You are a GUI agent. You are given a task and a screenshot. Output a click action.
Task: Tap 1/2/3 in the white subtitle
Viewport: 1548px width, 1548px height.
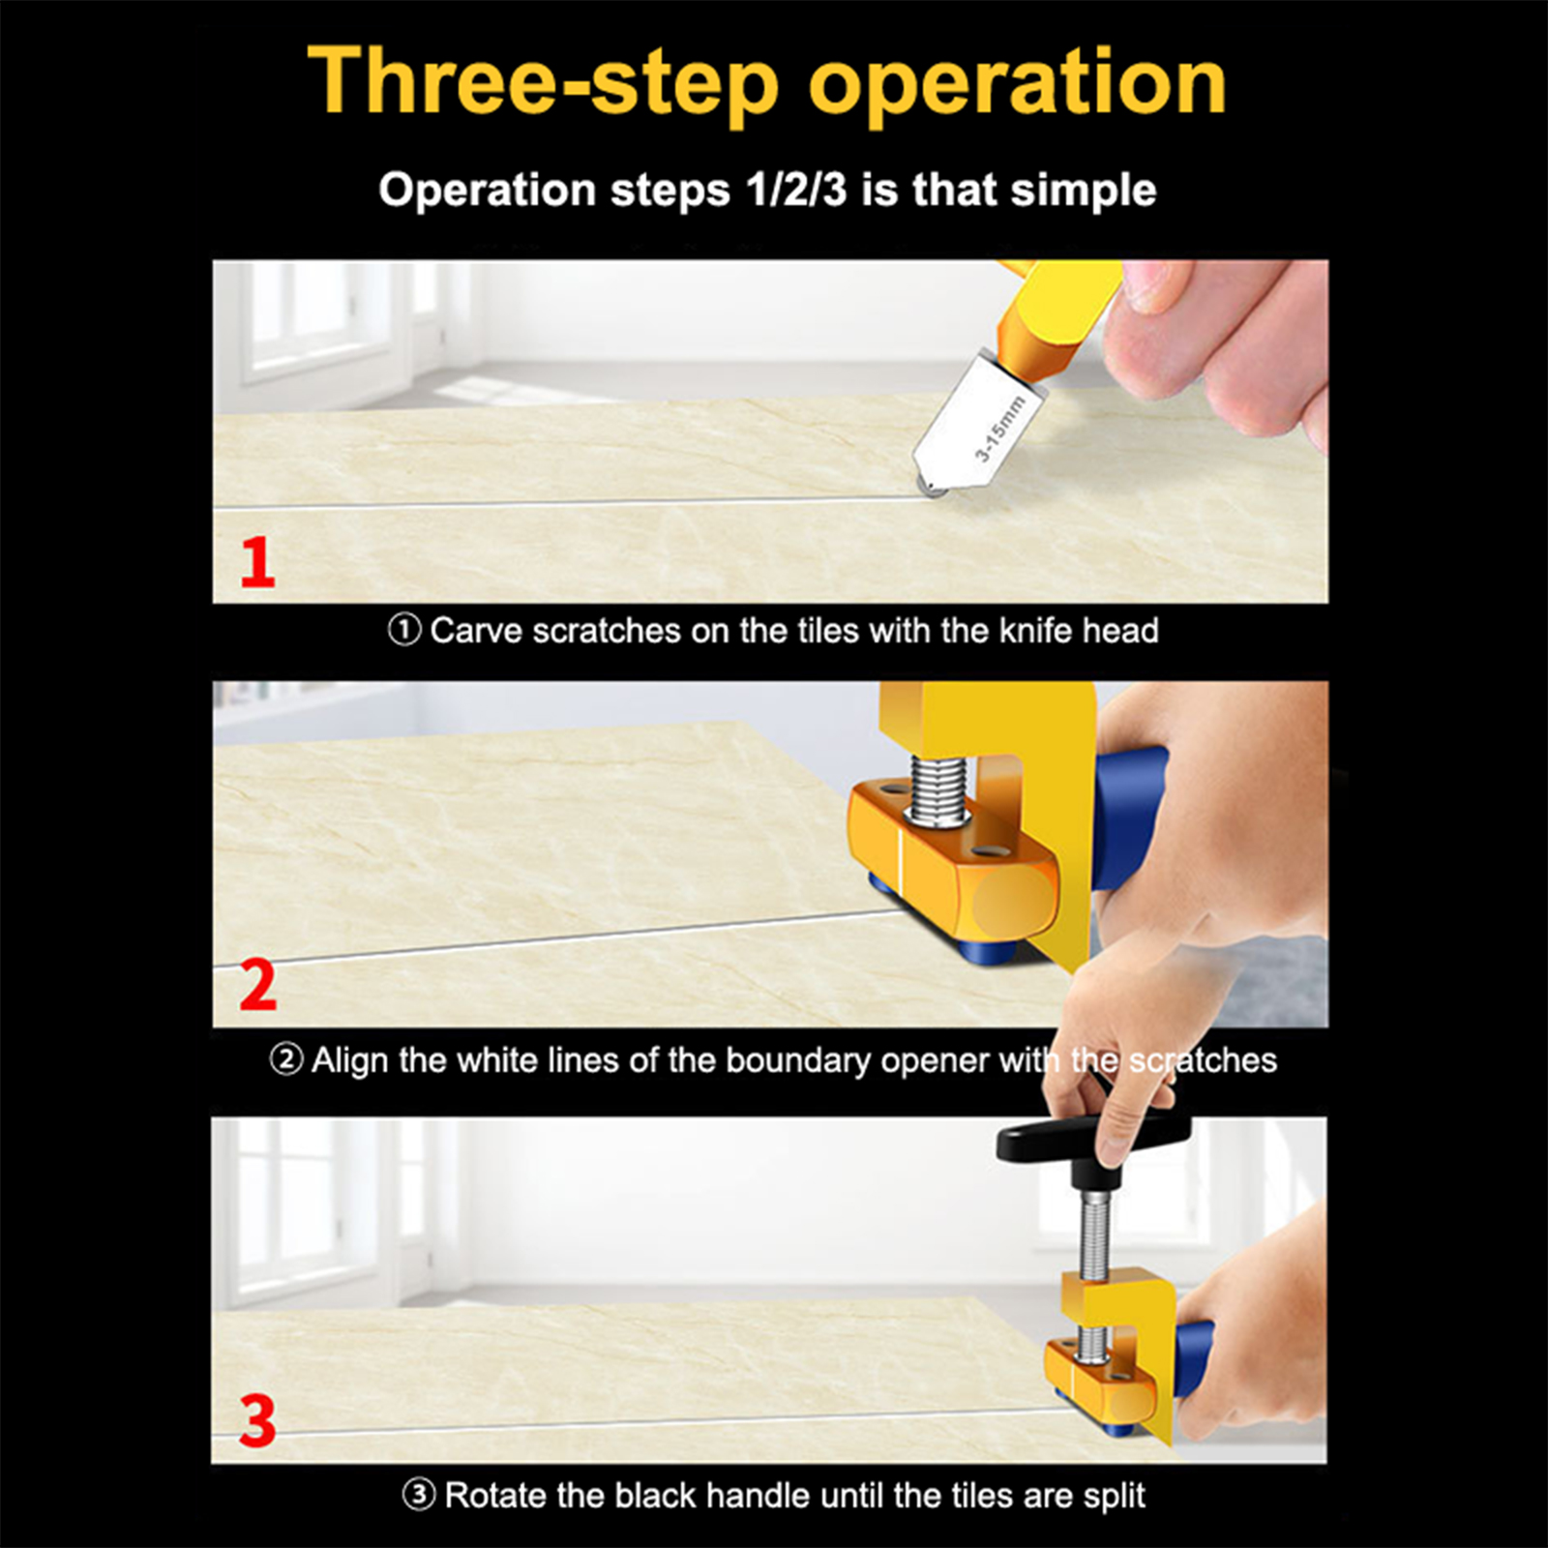click(796, 190)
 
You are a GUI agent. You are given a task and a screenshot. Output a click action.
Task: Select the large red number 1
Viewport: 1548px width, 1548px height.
click(257, 562)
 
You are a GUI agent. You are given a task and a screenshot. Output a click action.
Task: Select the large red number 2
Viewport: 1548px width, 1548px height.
click(258, 985)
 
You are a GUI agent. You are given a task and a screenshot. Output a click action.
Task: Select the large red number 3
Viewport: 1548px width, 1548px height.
click(258, 1420)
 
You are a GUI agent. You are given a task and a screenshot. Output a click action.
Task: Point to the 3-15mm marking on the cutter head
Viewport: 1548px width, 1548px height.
click(998, 429)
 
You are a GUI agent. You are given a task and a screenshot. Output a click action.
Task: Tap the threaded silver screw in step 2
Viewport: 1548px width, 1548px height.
click(936, 791)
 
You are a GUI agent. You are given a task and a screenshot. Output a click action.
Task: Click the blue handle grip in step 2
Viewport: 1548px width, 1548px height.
click(1130, 818)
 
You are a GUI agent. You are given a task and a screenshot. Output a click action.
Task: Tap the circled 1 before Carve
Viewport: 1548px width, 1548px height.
click(404, 631)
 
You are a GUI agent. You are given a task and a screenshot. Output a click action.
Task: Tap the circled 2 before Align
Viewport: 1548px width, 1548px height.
click(286, 1060)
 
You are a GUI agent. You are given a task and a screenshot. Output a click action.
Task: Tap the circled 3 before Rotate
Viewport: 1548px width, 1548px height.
click(419, 1495)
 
